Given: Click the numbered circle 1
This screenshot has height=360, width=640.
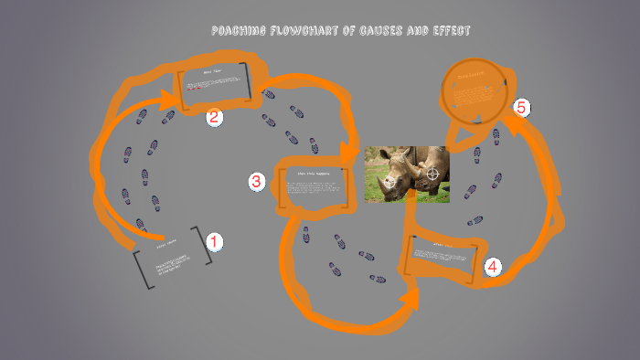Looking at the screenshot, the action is [214, 242].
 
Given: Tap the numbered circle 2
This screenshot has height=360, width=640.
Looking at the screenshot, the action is [214, 117].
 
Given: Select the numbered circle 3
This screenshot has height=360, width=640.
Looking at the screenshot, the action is [257, 182].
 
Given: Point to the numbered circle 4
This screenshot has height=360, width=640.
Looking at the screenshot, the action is [493, 267].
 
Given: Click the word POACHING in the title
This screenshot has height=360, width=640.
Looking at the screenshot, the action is [240, 31].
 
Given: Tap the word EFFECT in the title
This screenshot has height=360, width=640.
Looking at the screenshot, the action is [448, 31].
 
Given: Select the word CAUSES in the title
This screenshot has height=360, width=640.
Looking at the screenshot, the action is [382, 31].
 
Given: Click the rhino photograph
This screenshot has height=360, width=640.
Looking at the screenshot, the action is [407, 174].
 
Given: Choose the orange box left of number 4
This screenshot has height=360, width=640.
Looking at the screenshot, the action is [443, 256].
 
